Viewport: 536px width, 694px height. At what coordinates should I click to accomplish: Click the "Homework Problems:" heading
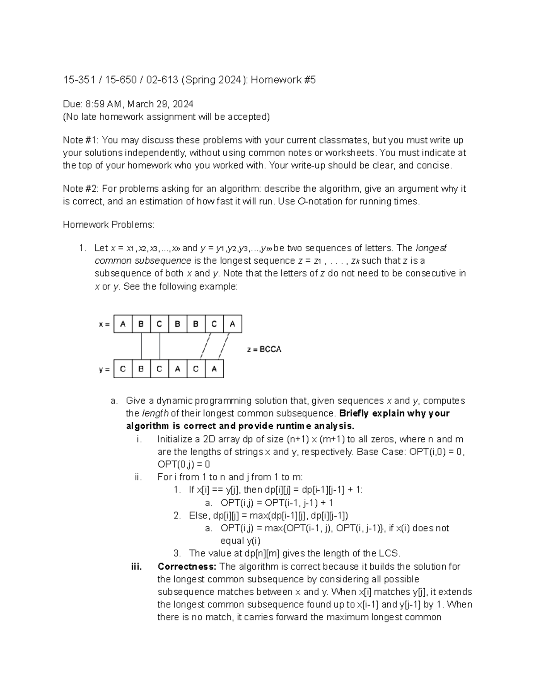coord(109,225)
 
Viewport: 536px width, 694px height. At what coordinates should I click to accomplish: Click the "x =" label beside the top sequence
coord(104,325)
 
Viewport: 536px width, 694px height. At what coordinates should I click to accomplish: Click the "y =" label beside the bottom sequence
coord(104,370)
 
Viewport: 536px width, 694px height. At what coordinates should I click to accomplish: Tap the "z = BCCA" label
coord(264,349)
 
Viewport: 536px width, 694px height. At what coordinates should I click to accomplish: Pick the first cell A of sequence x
coord(123,324)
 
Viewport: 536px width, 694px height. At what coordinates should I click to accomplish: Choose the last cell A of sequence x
coord(232,324)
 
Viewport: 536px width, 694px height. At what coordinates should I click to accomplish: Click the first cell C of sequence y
coord(123,369)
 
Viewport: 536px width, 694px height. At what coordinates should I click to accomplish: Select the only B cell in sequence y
coord(141,369)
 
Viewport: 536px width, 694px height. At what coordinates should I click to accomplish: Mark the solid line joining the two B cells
coord(142,346)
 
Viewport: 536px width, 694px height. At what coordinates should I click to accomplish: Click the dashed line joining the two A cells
coord(223,346)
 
